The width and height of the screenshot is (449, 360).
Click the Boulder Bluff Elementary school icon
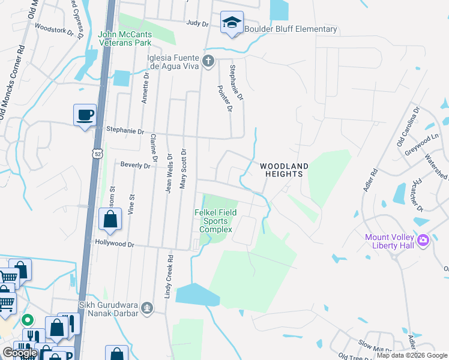coord(232,23)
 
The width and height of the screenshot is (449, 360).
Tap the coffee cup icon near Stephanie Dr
coord(85,114)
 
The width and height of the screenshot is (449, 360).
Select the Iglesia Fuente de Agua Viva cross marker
coord(208,61)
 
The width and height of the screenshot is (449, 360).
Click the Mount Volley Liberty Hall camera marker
coord(423,240)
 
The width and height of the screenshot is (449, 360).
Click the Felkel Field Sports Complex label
coord(215,221)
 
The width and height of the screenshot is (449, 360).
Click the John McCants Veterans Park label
coord(125,39)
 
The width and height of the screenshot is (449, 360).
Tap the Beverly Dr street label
coord(135,164)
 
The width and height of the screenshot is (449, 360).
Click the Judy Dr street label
coord(197,24)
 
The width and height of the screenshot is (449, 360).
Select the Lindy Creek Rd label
coord(169,276)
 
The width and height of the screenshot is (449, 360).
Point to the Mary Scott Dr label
coord(184,168)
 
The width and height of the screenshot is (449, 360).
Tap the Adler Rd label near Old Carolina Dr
coord(370,180)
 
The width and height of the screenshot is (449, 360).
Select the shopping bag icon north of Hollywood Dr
coord(110,220)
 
